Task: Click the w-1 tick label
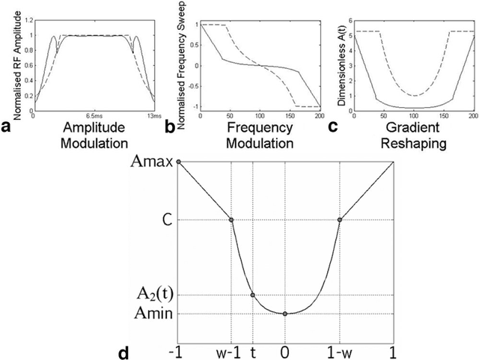(x=231, y=349)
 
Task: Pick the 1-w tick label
(x=340, y=349)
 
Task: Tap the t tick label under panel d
(x=253, y=349)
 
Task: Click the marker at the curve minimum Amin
(x=285, y=313)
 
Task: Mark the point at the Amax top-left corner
(x=178, y=162)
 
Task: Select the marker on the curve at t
(x=253, y=295)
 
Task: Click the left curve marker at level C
(x=231, y=220)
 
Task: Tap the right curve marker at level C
(x=340, y=220)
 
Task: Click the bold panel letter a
(x=6, y=127)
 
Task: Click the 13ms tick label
(x=153, y=116)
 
